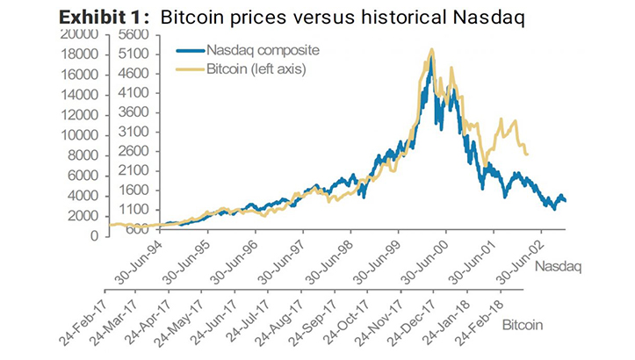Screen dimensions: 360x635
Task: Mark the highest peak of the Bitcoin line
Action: pos(431,50)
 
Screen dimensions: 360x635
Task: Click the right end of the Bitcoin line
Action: pos(527,155)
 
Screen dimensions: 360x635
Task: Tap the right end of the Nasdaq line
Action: pos(566,201)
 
